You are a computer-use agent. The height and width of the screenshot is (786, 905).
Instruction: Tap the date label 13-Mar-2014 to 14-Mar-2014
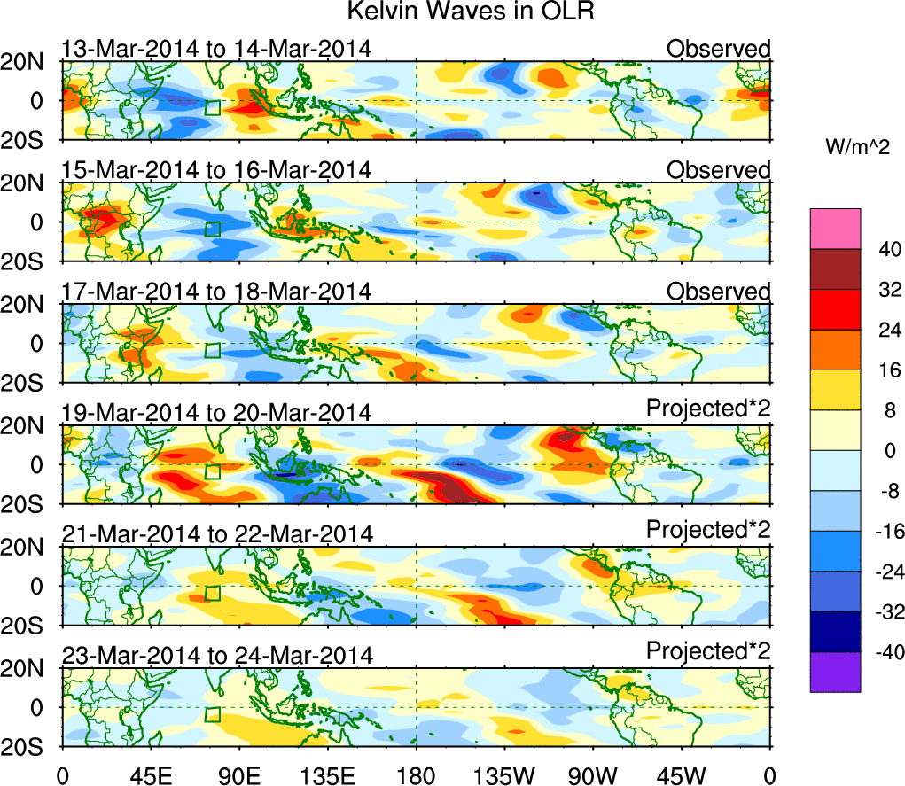click(215, 49)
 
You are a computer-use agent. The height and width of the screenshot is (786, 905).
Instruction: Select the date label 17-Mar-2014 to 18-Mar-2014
click(215, 292)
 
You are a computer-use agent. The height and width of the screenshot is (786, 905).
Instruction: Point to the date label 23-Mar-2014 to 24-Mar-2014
click(215, 655)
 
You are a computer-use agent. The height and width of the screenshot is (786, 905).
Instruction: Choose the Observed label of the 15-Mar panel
click(719, 170)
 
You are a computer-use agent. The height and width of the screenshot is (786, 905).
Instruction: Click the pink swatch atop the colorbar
click(835, 229)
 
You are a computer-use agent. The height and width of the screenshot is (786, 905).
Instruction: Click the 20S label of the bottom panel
click(31, 747)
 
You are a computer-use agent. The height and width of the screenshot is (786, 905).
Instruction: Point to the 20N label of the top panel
click(31, 62)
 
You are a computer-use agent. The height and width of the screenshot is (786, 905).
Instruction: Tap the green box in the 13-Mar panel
click(212, 108)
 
